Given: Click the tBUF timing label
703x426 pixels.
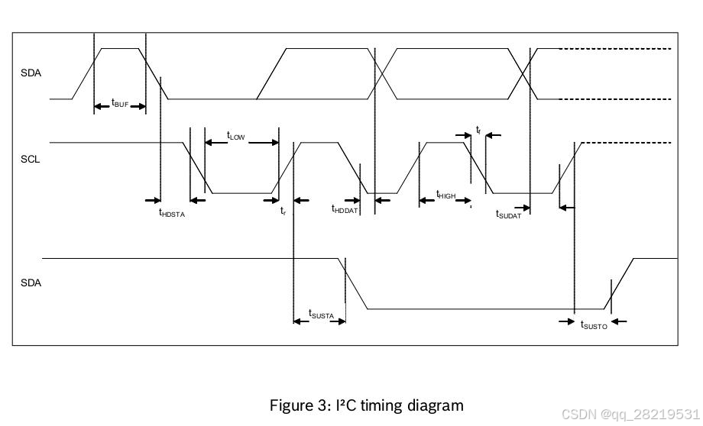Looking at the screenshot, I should click(120, 103).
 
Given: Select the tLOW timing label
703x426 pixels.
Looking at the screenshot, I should click(235, 136).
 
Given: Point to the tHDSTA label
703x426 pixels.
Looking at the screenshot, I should click(172, 213).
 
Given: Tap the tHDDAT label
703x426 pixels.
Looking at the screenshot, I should click(345, 209).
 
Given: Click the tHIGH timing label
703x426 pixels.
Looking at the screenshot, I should click(445, 195).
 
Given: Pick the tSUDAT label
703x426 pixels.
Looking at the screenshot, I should click(508, 215).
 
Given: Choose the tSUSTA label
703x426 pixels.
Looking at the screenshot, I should click(321, 314).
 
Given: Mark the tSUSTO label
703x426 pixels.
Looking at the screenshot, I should click(594, 325).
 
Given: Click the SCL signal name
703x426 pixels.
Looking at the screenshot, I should click(30, 160).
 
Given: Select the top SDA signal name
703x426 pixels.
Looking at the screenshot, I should click(31, 73).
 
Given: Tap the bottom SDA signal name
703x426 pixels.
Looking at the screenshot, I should click(31, 282).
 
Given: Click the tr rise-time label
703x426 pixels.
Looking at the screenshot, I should click(283, 210).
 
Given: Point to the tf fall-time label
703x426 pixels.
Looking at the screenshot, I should click(478, 131).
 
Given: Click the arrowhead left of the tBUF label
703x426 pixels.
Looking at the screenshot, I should click(99, 106).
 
